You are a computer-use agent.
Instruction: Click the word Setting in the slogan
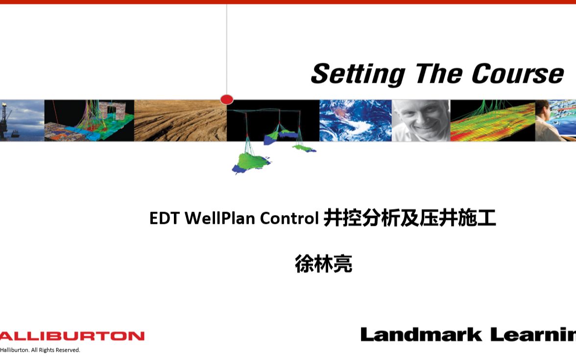358,74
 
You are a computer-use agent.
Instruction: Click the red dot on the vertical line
227,99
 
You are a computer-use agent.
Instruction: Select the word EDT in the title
165,218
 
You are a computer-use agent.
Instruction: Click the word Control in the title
289,218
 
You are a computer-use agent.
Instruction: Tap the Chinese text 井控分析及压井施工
409,218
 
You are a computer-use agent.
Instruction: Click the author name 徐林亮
323,264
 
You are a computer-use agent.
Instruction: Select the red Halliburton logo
72,336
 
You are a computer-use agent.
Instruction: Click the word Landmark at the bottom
421,335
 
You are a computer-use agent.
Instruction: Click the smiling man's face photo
421,120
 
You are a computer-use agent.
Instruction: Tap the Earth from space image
355,120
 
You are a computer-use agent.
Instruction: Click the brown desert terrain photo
180,120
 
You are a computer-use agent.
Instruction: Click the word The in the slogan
438,74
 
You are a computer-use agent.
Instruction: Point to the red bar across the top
288,2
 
